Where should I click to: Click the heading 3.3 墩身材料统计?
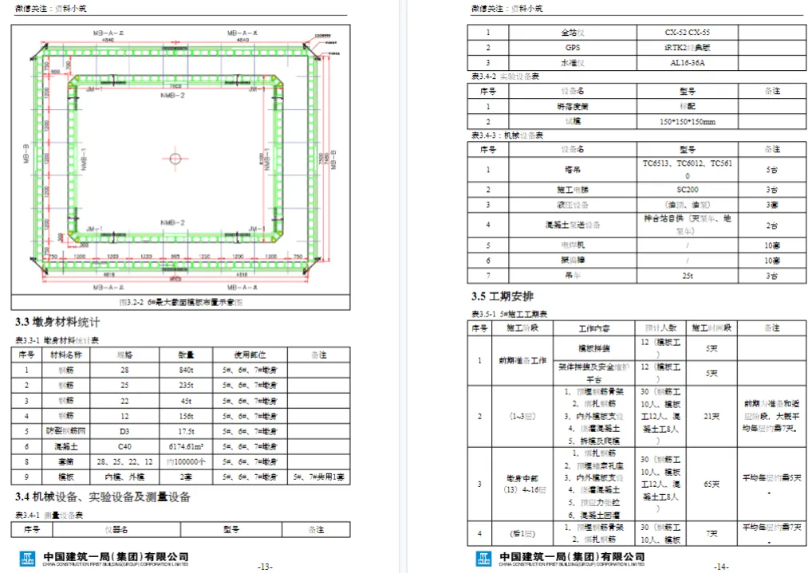click(58, 323)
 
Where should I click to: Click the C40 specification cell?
click(124, 445)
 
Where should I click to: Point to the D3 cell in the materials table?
click(124, 430)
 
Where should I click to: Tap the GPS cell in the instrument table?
click(573, 48)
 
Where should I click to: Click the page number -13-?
click(265, 567)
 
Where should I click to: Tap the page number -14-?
click(721, 567)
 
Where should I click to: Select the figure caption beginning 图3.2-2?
click(179, 303)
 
